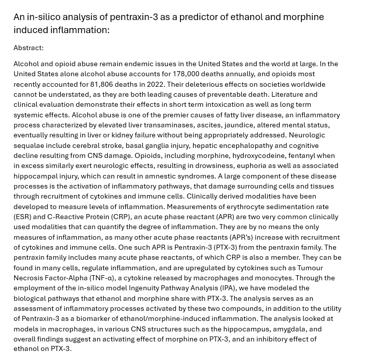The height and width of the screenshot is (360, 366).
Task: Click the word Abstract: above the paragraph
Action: [x=29, y=48]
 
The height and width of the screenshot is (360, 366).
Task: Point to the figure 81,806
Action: [x=105, y=84]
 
